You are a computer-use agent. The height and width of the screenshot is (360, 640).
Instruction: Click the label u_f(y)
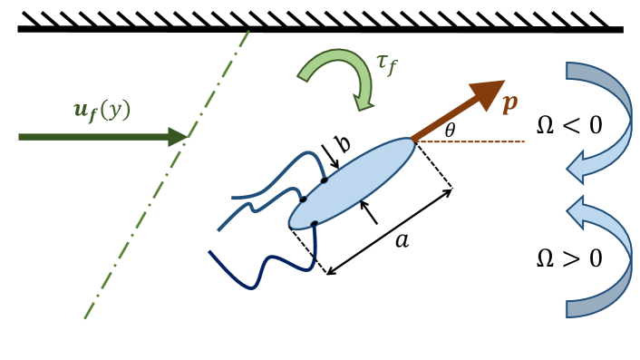(x=102, y=110)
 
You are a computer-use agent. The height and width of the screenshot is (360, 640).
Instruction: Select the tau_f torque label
(x=387, y=65)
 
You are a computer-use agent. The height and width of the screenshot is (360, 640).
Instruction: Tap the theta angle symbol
(x=451, y=131)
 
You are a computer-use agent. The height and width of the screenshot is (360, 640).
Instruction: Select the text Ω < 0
(x=568, y=124)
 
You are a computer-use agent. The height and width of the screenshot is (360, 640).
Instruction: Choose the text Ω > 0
(x=568, y=258)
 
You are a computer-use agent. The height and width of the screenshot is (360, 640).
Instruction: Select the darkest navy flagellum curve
(x=258, y=272)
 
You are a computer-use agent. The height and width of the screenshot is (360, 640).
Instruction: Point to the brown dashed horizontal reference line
(x=480, y=141)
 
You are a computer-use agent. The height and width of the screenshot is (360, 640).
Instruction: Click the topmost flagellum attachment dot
(x=325, y=180)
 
